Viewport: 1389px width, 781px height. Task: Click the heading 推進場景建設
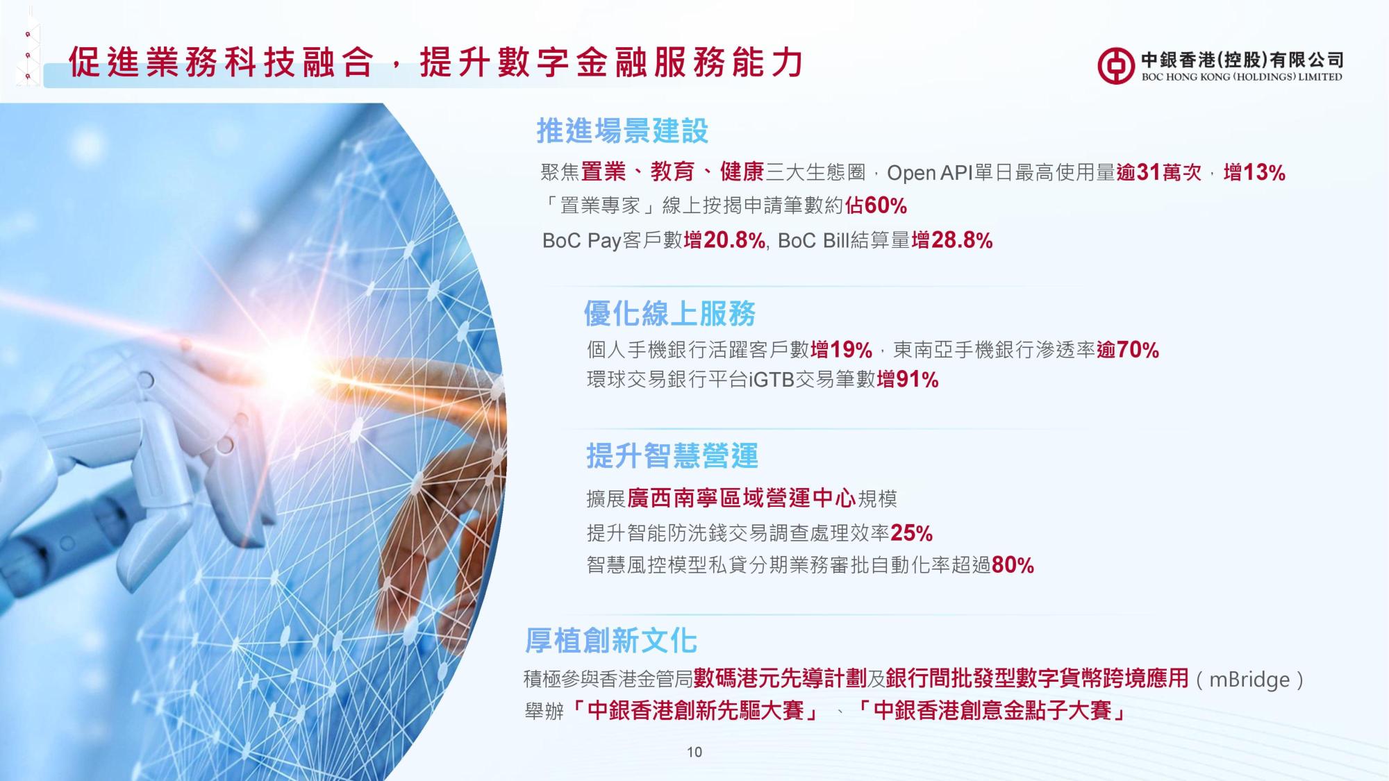[622, 131]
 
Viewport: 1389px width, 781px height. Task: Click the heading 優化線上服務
[669, 314]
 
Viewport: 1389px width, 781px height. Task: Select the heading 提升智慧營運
[672, 456]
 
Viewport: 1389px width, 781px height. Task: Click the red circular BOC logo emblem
[1116, 67]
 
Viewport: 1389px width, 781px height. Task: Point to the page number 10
[694, 752]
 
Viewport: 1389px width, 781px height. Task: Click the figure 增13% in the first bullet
[1254, 172]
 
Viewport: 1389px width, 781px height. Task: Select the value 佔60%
[876, 205]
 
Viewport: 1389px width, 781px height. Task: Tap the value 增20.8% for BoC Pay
[724, 240]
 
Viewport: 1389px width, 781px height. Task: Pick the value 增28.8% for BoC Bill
[951, 240]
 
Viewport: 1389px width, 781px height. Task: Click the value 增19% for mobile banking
[841, 349]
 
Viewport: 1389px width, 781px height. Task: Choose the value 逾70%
[1128, 349]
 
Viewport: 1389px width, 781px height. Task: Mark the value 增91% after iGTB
[908, 380]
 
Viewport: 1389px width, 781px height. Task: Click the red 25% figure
[911, 533]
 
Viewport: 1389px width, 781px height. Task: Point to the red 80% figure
[1013, 565]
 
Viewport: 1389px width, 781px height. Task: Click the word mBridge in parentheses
[1249, 679]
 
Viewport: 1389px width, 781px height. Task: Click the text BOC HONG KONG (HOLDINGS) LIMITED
[1242, 77]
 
